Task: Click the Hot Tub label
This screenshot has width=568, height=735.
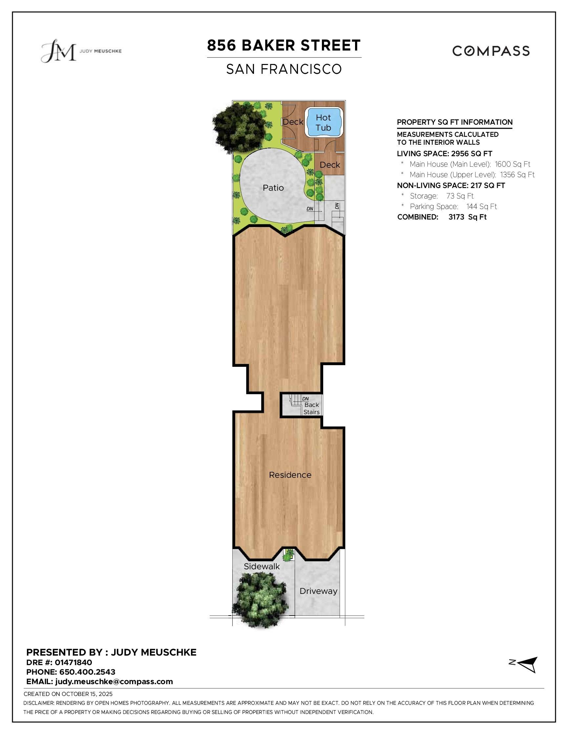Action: (323, 122)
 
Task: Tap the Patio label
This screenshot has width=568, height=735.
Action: (273, 188)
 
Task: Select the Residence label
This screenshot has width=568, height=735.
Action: (290, 475)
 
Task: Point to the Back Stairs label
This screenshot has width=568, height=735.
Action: (311, 409)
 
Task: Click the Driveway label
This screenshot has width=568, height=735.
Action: (318, 591)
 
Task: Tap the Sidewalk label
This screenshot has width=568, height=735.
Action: (262, 566)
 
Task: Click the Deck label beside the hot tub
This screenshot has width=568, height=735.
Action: (293, 122)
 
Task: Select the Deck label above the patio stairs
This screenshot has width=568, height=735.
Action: (330, 165)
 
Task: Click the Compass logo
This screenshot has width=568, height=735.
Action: (491, 51)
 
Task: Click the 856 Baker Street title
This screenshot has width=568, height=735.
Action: (284, 45)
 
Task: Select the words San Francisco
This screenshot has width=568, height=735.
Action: (284, 69)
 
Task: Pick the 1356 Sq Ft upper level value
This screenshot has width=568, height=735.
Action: (517, 175)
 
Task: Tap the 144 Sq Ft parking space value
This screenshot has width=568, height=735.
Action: (481, 207)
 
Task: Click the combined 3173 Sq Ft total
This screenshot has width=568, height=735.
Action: (467, 217)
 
